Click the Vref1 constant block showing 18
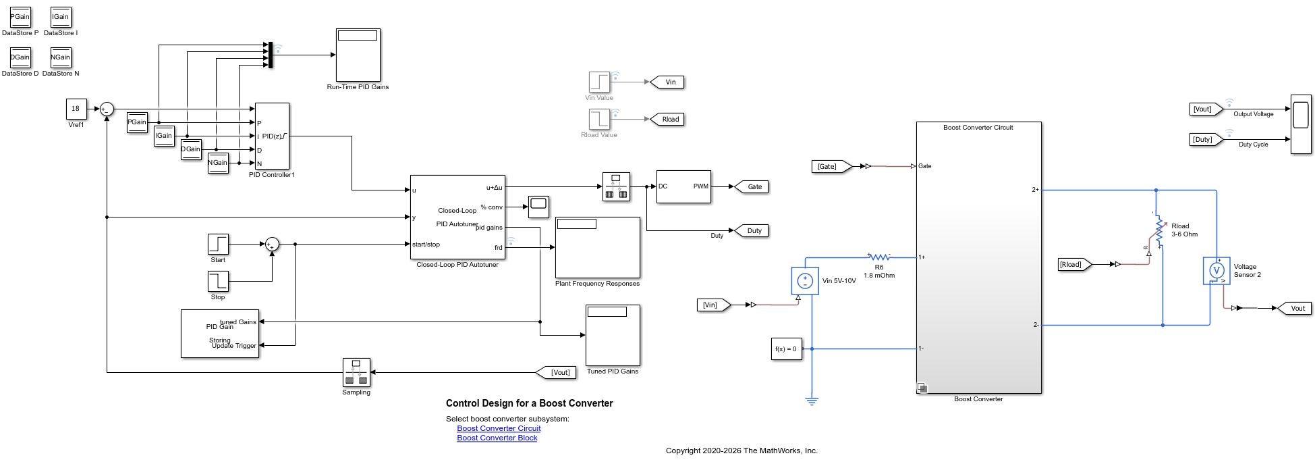click(76, 109)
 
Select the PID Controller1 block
click(272, 136)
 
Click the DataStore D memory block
click(20, 57)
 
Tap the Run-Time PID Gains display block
click(358, 55)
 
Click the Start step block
click(218, 244)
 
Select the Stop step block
click(218, 281)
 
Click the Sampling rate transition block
click(356, 372)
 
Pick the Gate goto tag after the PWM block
click(751, 186)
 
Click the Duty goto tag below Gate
click(751, 230)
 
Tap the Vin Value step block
click(599, 82)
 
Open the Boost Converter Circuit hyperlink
click(499, 428)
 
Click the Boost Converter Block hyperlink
click(497, 438)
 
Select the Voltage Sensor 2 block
click(1216, 271)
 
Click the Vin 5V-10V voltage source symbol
click(805, 280)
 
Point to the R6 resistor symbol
click(879, 257)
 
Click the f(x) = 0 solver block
click(787, 349)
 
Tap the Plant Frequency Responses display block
click(597, 247)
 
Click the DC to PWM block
click(683, 186)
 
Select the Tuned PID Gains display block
click(613, 335)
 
